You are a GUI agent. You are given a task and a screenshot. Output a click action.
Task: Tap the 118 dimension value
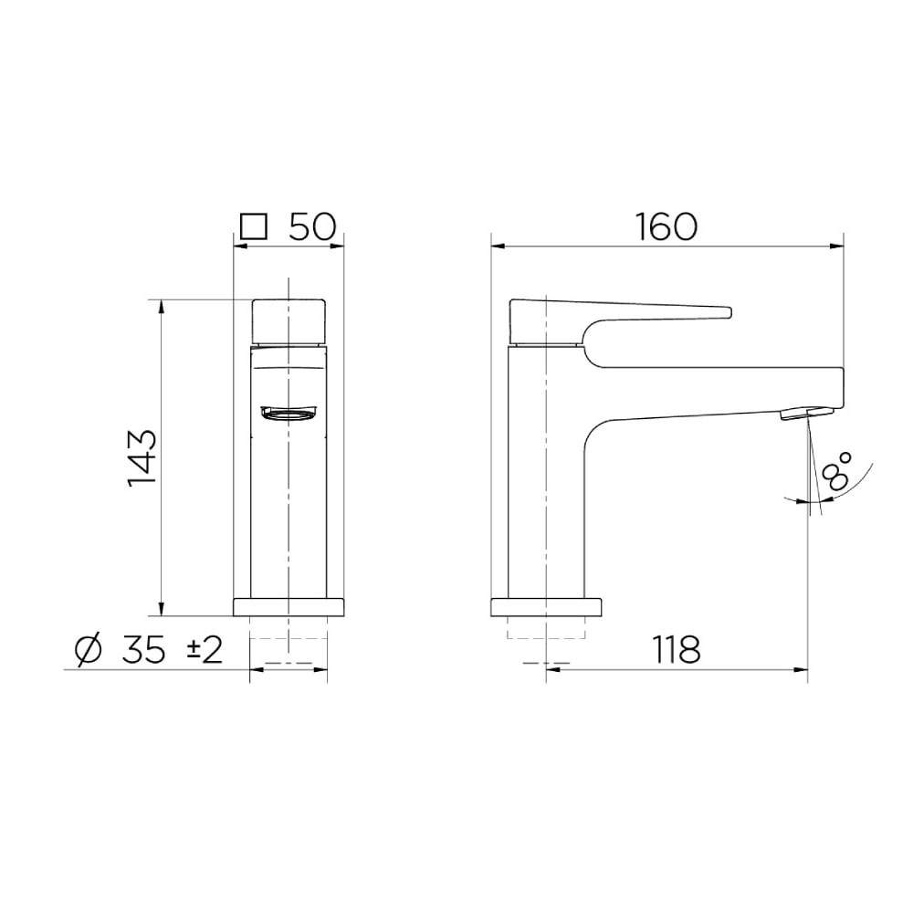[677, 650]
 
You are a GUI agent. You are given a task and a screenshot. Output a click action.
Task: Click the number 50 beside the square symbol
[313, 226]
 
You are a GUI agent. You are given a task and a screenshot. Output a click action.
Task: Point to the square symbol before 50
[253, 226]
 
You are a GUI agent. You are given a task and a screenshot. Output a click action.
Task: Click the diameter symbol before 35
[89, 650]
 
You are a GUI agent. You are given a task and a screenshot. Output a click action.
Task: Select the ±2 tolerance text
[205, 650]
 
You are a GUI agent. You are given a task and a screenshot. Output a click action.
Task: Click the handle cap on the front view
[289, 320]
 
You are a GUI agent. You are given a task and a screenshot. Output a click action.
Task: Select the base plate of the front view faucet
[289, 607]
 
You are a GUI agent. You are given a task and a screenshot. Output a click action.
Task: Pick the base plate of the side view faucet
[546, 607]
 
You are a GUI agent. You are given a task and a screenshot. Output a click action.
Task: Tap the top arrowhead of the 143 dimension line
[162, 305]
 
